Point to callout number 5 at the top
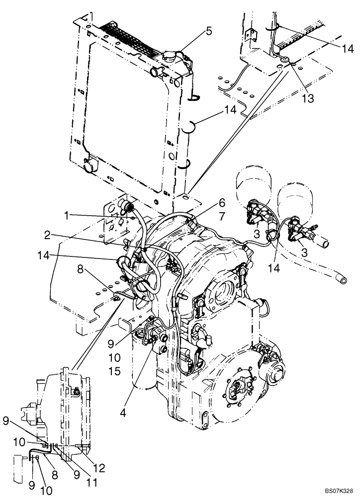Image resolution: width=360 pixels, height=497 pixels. [x=208, y=31]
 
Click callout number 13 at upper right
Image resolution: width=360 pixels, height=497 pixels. [x=308, y=98]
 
